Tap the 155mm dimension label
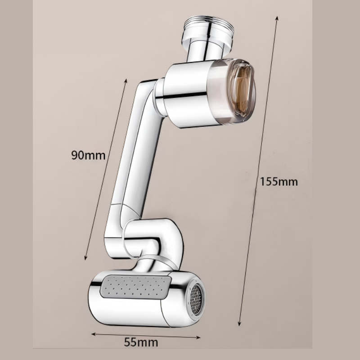click(x=279, y=182)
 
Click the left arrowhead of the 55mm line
click(x=93, y=334)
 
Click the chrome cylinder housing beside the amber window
click(x=184, y=94)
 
